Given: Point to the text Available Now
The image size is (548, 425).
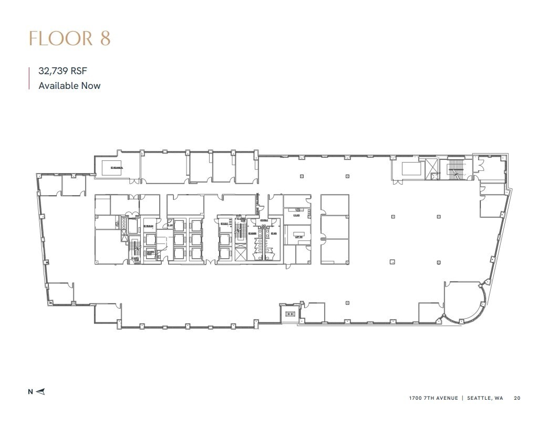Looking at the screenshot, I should coord(69,85).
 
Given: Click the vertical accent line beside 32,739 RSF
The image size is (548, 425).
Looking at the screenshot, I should coord(29,78).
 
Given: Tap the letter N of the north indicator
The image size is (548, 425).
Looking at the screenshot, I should coord(30,391).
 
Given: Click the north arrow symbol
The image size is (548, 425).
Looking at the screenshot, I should coord(42,391).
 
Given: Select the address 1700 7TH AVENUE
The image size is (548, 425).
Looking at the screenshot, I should coord(433,398).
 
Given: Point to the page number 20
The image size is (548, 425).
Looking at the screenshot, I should coord(517,398).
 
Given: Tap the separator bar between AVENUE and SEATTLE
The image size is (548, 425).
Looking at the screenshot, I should coord(462,398).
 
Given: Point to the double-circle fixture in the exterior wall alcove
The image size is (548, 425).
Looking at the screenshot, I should coord(289,314).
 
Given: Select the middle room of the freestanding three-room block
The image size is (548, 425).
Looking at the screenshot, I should coord(335,227).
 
